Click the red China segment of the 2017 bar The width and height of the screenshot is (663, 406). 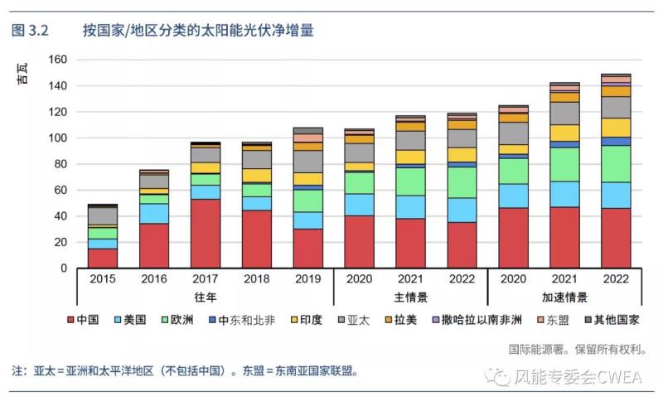pyautogui.click(x=206, y=234)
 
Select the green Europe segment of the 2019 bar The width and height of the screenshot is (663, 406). pyautogui.click(x=308, y=201)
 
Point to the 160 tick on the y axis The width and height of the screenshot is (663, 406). pyautogui.click(x=57, y=60)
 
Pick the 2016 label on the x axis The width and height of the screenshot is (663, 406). pyautogui.click(x=154, y=280)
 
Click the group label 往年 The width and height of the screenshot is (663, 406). pyautogui.click(x=206, y=297)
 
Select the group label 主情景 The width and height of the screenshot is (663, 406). pyautogui.click(x=410, y=297)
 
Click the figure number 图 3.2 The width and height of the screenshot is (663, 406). pyautogui.click(x=31, y=31)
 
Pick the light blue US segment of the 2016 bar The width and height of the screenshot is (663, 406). pyautogui.click(x=154, y=213)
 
